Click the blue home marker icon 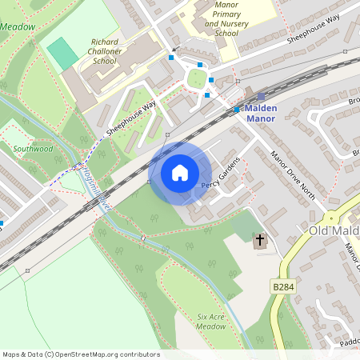click(180, 172)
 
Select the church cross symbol click(259, 240)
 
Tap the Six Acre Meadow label click(211, 322)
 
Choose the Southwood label click(33, 149)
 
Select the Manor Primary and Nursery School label click(222, 18)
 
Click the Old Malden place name click(334, 230)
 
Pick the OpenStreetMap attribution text click(81, 354)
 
